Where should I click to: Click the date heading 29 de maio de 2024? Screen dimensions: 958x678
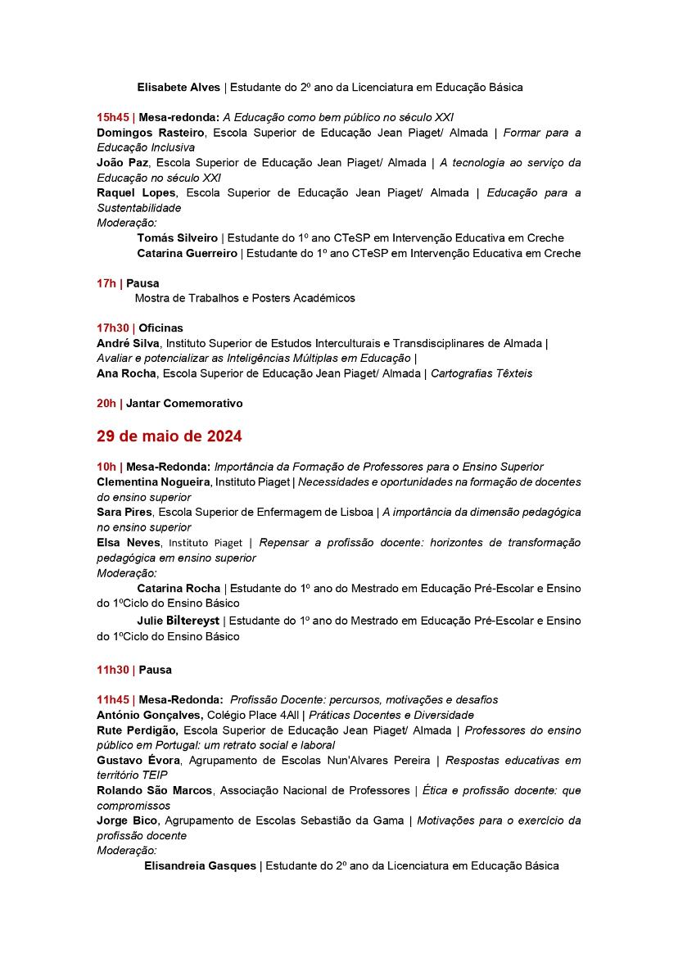(169, 436)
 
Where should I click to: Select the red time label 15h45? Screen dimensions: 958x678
(113, 117)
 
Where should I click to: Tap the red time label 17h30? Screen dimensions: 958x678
(113, 328)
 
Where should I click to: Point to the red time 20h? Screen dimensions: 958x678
(106, 403)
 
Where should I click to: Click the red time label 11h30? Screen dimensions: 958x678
(113, 670)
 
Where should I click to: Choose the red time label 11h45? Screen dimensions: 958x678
(113, 699)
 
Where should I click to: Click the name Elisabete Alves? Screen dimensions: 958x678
(179, 87)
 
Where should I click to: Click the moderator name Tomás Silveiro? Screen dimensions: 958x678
(177, 238)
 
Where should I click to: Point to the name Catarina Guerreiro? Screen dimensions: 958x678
(187, 253)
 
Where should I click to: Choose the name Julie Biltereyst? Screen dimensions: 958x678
(179, 621)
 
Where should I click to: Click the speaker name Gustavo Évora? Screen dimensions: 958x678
(138, 760)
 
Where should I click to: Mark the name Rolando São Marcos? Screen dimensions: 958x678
(155, 790)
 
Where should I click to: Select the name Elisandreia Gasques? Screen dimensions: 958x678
(200, 865)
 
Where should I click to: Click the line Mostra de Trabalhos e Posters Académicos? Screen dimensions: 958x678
(245, 298)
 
